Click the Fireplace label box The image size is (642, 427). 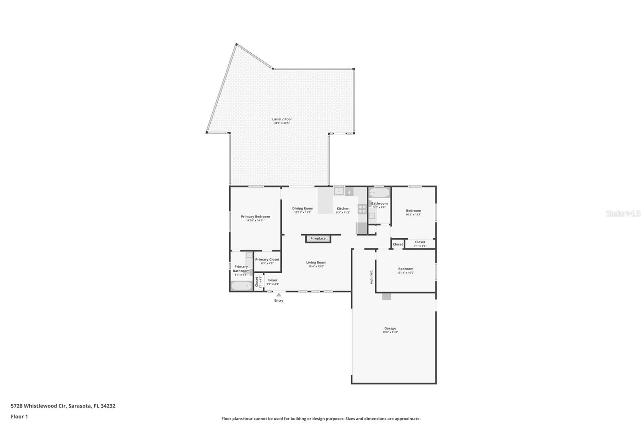(318, 239)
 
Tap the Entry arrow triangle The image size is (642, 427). (278, 295)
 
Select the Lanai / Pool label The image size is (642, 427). (282, 119)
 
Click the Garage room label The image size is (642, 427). (390, 328)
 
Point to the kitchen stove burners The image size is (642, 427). (362, 209)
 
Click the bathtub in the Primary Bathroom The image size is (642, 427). (241, 286)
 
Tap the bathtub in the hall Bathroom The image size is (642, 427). (379, 193)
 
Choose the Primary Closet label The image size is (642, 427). (267, 260)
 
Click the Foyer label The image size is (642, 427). (273, 280)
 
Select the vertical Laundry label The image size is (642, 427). (372, 278)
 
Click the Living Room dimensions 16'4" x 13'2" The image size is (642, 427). (316, 266)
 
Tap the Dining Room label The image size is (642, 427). (303, 208)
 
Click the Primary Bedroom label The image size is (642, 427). (255, 217)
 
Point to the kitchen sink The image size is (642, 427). (339, 191)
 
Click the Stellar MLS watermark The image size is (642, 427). (623, 214)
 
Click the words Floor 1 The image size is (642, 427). (19, 417)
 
